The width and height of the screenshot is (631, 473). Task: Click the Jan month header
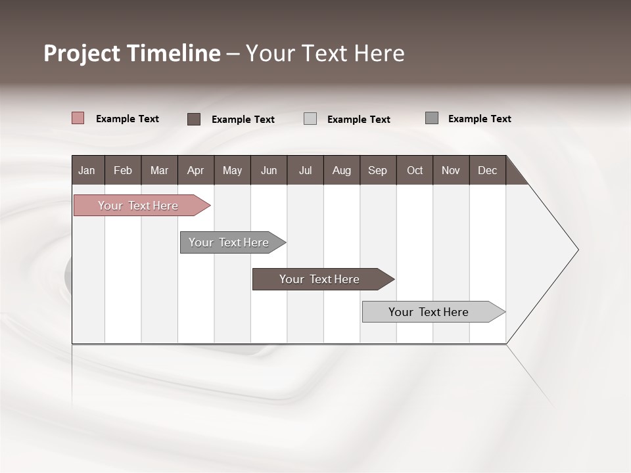87,170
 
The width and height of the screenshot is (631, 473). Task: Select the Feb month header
123,170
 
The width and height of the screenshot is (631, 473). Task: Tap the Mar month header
159,170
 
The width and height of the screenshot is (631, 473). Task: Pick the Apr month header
196,170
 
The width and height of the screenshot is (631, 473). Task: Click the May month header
232,170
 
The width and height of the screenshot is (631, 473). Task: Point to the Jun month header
269,170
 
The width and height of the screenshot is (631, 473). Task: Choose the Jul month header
305,170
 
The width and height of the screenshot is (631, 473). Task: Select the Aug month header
342,170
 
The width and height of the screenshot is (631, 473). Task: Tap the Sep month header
378,170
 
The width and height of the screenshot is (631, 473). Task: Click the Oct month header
415,170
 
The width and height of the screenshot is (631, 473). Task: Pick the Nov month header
451,170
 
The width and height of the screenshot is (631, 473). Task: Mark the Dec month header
488,170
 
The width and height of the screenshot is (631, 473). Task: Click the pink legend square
78,118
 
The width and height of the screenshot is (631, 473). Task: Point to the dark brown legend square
194,119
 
